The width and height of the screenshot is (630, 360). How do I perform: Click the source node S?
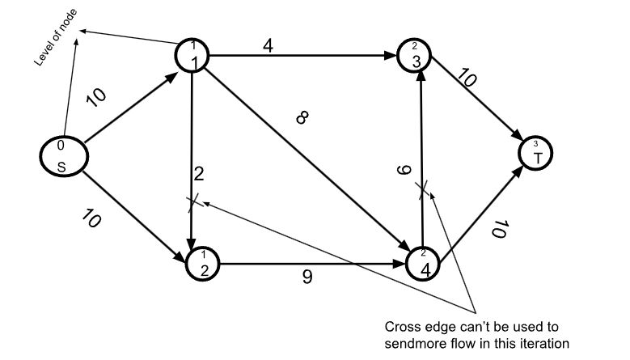click(x=62, y=157)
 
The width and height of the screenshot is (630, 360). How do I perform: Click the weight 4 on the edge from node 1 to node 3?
click(x=268, y=47)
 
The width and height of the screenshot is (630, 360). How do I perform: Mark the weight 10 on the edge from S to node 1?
click(x=95, y=96)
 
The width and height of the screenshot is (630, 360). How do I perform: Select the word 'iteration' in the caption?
click(x=548, y=343)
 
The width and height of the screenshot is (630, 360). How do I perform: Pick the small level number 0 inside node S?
click(x=61, y=146)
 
